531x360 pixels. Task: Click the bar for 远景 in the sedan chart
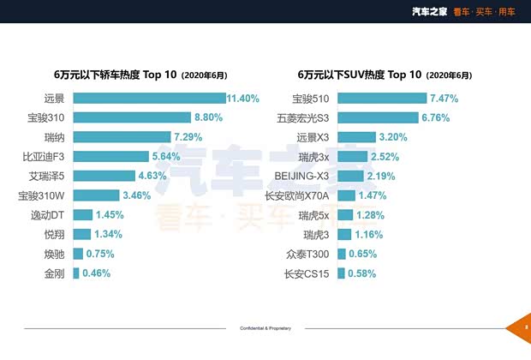(x=149, y=99)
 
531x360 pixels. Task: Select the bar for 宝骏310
(x=132, y=117)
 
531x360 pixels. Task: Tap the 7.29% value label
(x=190, y=137)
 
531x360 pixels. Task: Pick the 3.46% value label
(x=135, y=195)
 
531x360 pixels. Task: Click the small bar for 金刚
(x=76, y=273)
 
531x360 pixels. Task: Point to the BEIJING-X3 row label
(x=302, y=176)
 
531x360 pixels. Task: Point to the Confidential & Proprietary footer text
(x=265, y=328)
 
